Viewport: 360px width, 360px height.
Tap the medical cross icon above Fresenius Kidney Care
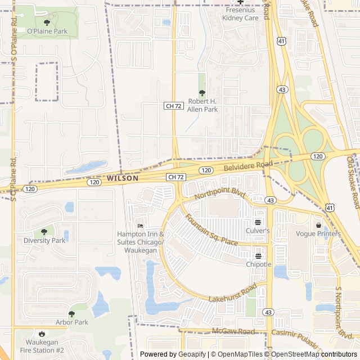pyautogui.click(x=241, y=2)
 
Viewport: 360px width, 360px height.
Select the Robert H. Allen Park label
pyautogui.click(x=202, y=105)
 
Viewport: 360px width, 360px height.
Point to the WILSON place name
pyautogui.click(x=122, y=178)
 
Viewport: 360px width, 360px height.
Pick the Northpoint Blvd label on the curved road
pyautogui.click(x=220, y=195)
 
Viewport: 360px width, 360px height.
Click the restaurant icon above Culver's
pyautogui.click(x=258, y=222)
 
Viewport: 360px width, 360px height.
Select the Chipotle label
pyautogui.click(x=258, y=264)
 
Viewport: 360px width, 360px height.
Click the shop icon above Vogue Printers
pyautogui.click(x=318, y=225)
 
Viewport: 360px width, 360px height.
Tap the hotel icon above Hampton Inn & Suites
pyautogui.click(x=140, y=226)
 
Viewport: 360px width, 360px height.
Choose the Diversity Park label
pyautogui.click(x=44, y=240)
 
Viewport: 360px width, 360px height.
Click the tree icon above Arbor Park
pyautogui.click(x=71, y=314)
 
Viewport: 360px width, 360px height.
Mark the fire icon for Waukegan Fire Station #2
pyautogui.click(x=41, y=333)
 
